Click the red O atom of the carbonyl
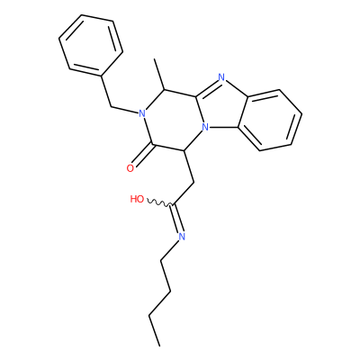click(130, 168)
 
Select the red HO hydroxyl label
click(137, 199)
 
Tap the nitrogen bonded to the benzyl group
click(142, 113)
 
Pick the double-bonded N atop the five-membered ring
click(221, 77)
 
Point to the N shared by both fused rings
click(205, 128)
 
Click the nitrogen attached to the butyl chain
click(182, 237)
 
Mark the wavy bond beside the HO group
click(158, 202)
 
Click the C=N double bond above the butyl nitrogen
click(176, 219)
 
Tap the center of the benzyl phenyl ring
click(91, 45)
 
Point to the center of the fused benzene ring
click(270, 120)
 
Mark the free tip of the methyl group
click(154, 59)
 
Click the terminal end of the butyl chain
click(159, 346)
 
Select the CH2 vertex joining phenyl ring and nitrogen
click(111, 106)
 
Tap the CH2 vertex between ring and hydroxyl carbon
click(194, 182)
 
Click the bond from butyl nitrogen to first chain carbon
click(169, 249)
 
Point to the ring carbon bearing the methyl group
click(164, 89)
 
